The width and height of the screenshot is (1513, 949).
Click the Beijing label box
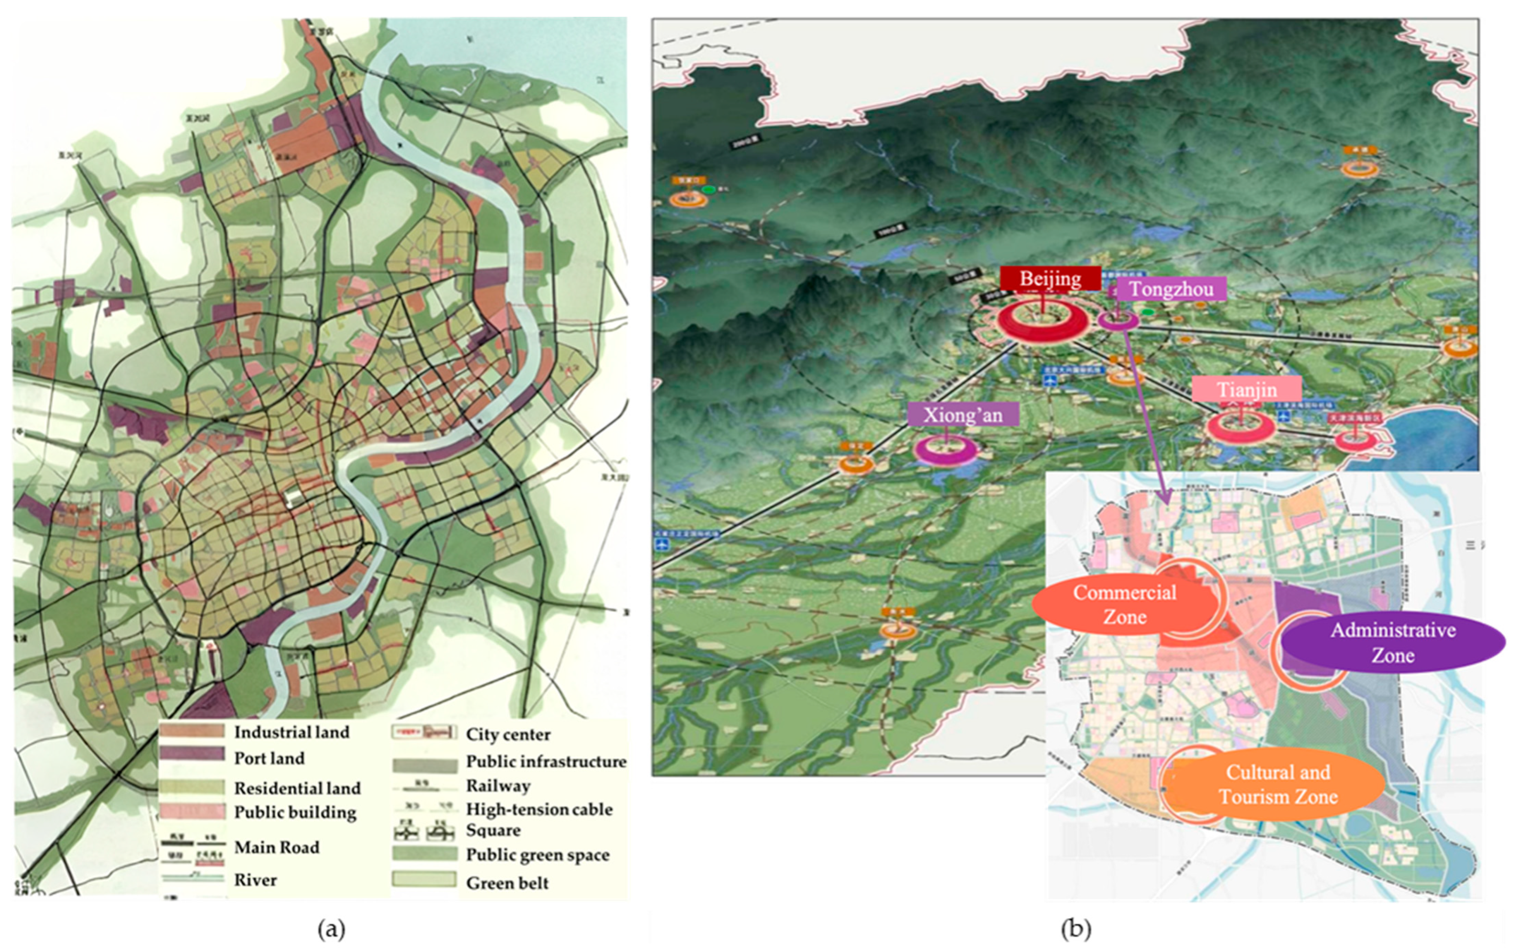tap(1050, 278)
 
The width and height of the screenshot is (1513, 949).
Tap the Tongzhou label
tap(1171, 289)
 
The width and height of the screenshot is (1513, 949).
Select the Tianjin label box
tap(1247, 390)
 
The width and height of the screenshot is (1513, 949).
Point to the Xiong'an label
tap(963, 415)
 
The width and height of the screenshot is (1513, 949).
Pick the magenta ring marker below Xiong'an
tap(945, 449)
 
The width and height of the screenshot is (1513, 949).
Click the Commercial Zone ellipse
tap(1125, 604)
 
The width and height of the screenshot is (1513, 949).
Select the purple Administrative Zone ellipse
tap(1393, 642)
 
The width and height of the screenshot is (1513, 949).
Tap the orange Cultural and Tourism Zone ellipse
tap(1278, 784)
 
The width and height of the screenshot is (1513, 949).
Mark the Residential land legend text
tap(297, 788)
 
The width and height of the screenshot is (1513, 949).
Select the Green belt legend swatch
tap(424, 879)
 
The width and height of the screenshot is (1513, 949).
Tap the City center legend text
tap(508, 734)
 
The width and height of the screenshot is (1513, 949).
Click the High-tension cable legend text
tap(538, 809)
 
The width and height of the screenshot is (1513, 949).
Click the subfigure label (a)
tap(331, 928)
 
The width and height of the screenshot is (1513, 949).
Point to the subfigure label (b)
tap(1075, 928)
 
